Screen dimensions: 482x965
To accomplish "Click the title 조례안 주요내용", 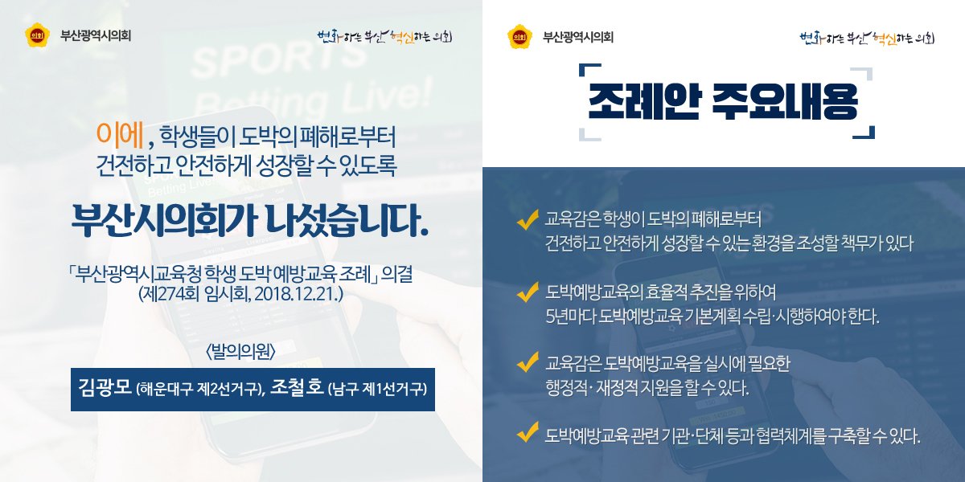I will [723, 102].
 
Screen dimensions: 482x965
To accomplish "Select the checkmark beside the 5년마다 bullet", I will [527, 292].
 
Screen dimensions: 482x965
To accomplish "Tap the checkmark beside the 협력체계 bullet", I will [527, 434].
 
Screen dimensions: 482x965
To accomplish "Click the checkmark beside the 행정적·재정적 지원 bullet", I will [527, 362].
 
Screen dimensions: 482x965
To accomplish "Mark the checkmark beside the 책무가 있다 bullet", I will [527, 219].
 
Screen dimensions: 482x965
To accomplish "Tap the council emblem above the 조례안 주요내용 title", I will [518, 36].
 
